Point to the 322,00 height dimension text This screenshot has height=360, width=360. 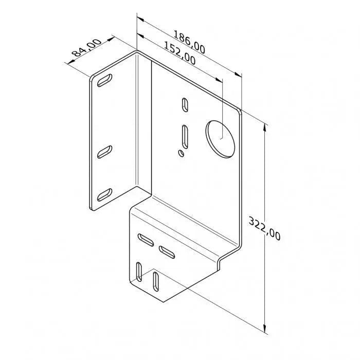click(x=264, y=228)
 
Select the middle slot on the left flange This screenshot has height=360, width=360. click(x=105, y=150)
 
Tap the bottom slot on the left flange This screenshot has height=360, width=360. click(x=105, y=194)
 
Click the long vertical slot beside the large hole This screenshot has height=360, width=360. click(x=184, y=136)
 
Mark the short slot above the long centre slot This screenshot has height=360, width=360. click(x=184, y=104)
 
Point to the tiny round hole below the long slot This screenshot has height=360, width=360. click(x=181, y=152)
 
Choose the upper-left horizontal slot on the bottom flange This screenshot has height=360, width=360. click(x=146, y=239)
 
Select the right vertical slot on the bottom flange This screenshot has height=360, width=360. click(x=155, y=280)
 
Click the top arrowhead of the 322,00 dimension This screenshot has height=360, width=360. click(x=265, y=127)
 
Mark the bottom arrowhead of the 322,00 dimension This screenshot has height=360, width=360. click(x=265, y=330)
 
